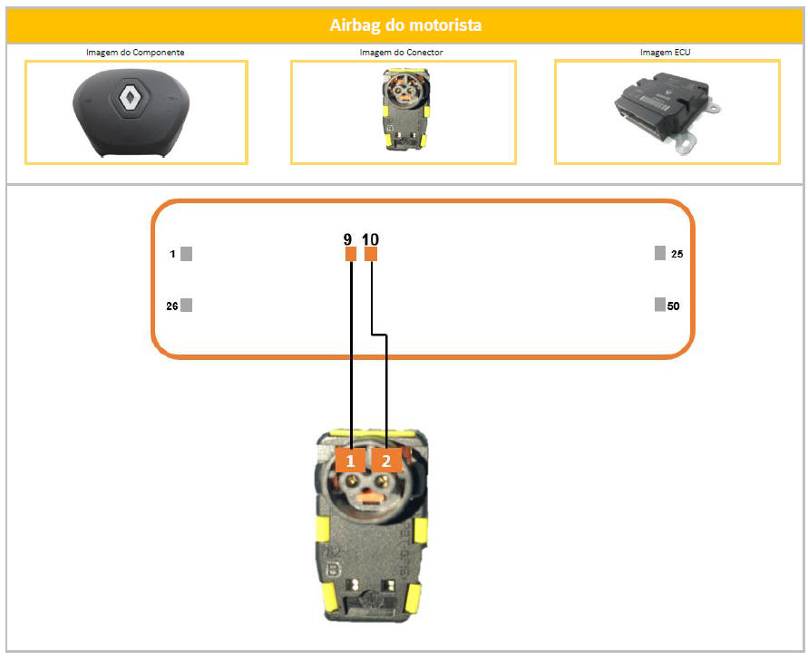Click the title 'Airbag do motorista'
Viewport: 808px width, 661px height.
pyautogui.click(x=405, y=24)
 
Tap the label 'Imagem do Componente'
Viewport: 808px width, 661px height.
pyautogui.click(x=135, y=52)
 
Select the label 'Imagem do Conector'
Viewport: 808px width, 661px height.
pyautogui.click(x=401, y=52)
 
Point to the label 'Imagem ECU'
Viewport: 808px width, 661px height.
pyautogui.click(x=665, y=52)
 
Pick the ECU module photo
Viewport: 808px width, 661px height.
pyautogui.click(x=667, y=112)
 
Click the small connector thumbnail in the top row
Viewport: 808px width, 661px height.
pyautogui.click(x=404, y=111)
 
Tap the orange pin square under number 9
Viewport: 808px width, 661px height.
pyautogui.click(x=350, y=254)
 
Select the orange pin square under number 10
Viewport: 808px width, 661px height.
pyautogui.click(x=371, y=254)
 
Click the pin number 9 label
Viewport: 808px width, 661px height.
pyautogui.click(x=348, y=239)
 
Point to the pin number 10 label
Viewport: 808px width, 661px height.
pyautogui.click(x=370, y=239)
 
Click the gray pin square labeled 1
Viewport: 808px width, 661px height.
pyautogui.click(x=187, y=254)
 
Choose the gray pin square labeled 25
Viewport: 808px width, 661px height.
pyautogui.click(x=659, y=253)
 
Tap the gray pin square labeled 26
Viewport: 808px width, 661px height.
pyautogui.click(x=187, y=305)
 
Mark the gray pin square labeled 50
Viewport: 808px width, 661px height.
pyautogui.click(x=659, y=305)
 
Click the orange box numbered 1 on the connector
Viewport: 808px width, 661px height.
pyautogui.click(x=350, y=460)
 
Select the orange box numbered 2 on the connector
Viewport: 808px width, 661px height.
pyautogui.click(x=386, y=460)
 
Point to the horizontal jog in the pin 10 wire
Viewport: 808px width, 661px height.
pyautogui.click(x=379, y=335)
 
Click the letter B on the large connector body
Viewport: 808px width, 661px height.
pyautogui.click(x=334, y=569)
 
